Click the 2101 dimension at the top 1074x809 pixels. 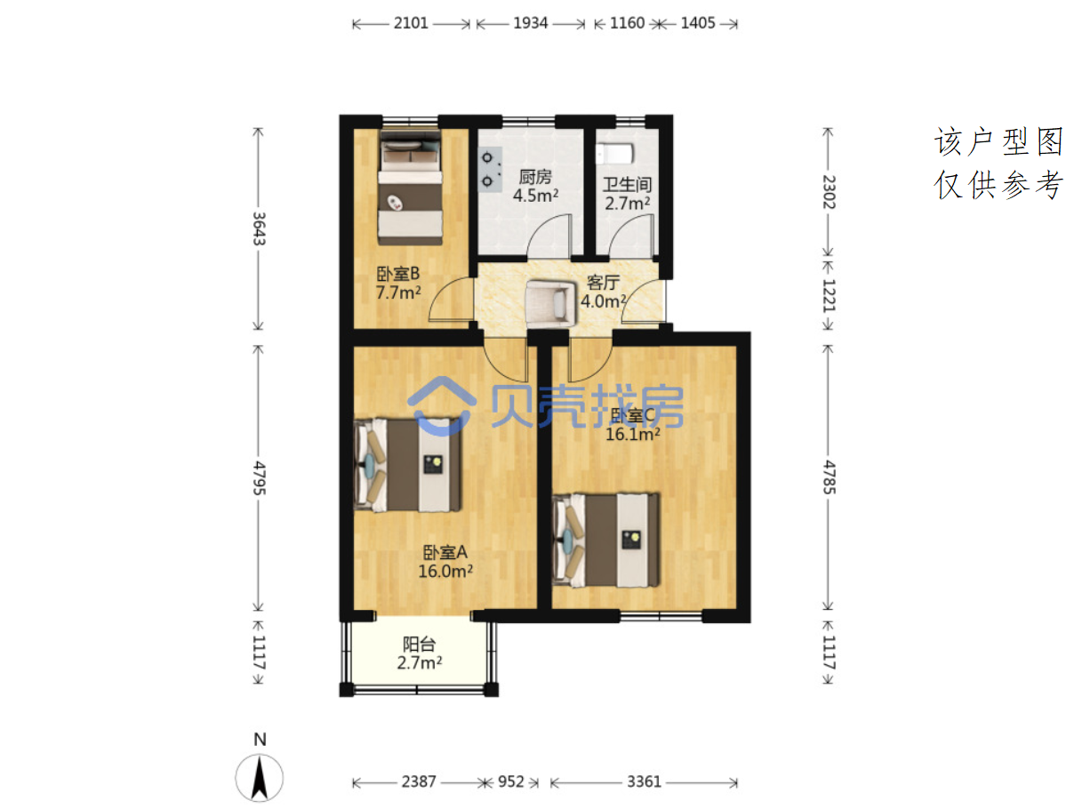pos(410,23)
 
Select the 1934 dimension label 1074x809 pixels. pos(530,23)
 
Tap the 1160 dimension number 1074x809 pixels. pos(626,23)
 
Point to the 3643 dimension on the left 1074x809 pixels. pos(259,228)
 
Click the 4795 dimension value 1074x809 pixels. pos(259,477)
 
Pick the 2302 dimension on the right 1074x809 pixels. pos(828,191)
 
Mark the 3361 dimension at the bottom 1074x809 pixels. pos(644,781)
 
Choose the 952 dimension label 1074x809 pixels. pos(510,781)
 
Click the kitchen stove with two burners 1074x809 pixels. pos(490,169)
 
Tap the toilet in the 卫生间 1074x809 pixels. pos(614,153)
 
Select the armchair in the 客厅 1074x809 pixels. pos(550,302)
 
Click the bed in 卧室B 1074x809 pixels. pos(410,188)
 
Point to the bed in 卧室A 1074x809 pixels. pos(406,464)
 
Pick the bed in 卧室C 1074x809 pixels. pos(605,540)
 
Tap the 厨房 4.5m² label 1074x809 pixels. pos(535,186)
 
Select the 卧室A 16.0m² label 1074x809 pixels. pos(445,562)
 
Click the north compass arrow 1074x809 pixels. pos(260,777)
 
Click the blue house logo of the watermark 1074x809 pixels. pos(441,406)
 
